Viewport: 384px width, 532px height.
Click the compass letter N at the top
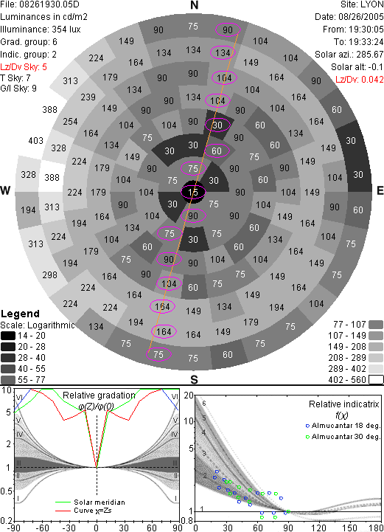pos(194,5)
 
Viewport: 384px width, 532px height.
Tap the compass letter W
pos(5,190)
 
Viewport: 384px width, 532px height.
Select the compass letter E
pos(380,190)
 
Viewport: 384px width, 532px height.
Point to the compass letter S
pos(194,379)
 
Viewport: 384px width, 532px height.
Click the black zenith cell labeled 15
pos(193,193)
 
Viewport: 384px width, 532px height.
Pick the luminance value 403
pos(36,140)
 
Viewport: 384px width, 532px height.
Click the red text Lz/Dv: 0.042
pos(360,80)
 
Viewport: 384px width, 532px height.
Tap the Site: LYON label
pos(362,4)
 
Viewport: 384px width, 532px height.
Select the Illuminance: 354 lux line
pos(41,30)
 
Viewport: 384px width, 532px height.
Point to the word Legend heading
pos(21,314)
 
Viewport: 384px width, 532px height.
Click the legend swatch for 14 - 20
pos(8,336)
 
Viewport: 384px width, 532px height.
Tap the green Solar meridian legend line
pos(63,502)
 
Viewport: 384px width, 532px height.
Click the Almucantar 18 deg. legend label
pos(346,426)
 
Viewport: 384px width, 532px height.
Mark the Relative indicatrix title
pos(344,404)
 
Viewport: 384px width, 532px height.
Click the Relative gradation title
pos(99,395)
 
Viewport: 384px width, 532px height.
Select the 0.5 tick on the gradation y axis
pos(7,491)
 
